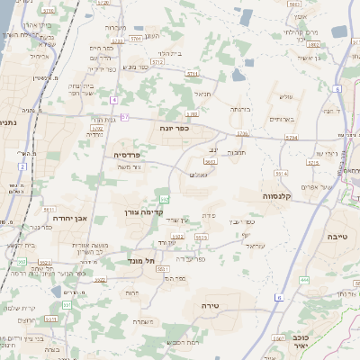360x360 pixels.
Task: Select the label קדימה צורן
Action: [140, 212]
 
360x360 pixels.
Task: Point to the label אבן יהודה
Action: [69, 218]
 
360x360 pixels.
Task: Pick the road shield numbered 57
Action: [124, 117]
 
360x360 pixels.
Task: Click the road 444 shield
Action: [304, 280]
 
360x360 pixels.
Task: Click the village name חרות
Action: [132, 292]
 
